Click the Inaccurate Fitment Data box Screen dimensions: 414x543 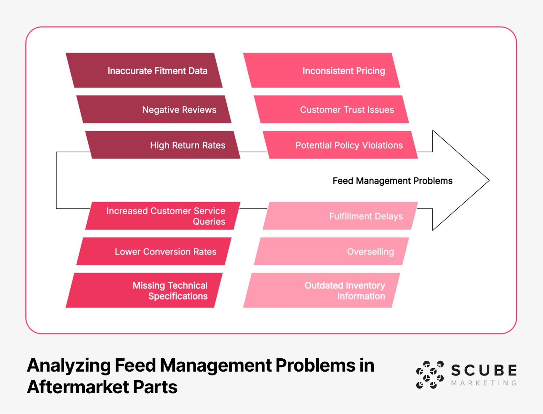point(144,70)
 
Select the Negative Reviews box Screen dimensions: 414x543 point(154,109)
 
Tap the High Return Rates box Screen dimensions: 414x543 point(163,145)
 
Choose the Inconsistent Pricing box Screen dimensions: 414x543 point(322,70)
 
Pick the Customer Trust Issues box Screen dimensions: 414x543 point(331,109)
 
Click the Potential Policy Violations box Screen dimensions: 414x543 point(340,145)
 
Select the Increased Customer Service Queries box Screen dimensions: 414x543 point(163,216)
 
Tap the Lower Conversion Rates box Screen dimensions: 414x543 point(154,251)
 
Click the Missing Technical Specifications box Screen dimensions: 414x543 point(144,290)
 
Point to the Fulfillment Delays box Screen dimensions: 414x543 point(340,216)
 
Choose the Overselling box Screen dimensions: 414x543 point(331,251)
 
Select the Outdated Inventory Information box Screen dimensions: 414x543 point(322,290)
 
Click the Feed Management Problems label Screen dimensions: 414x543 point(392,181)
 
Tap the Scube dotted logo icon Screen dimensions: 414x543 point(430,375)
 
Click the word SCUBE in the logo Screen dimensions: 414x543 point(484,370)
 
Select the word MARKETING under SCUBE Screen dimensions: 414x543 point(484,383)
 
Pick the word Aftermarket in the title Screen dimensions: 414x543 point(78,387)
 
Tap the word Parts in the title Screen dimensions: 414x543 point(155,387)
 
